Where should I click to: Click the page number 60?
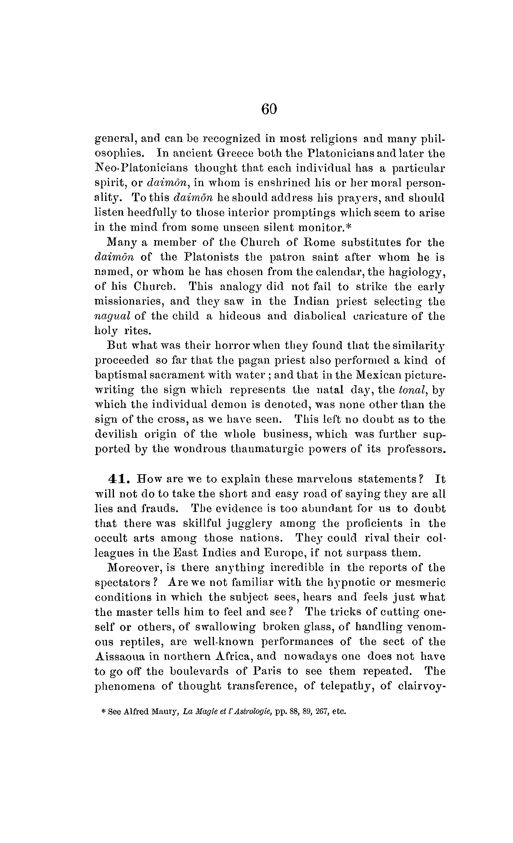tap(269, 109)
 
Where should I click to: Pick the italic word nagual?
tap(112, 316)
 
